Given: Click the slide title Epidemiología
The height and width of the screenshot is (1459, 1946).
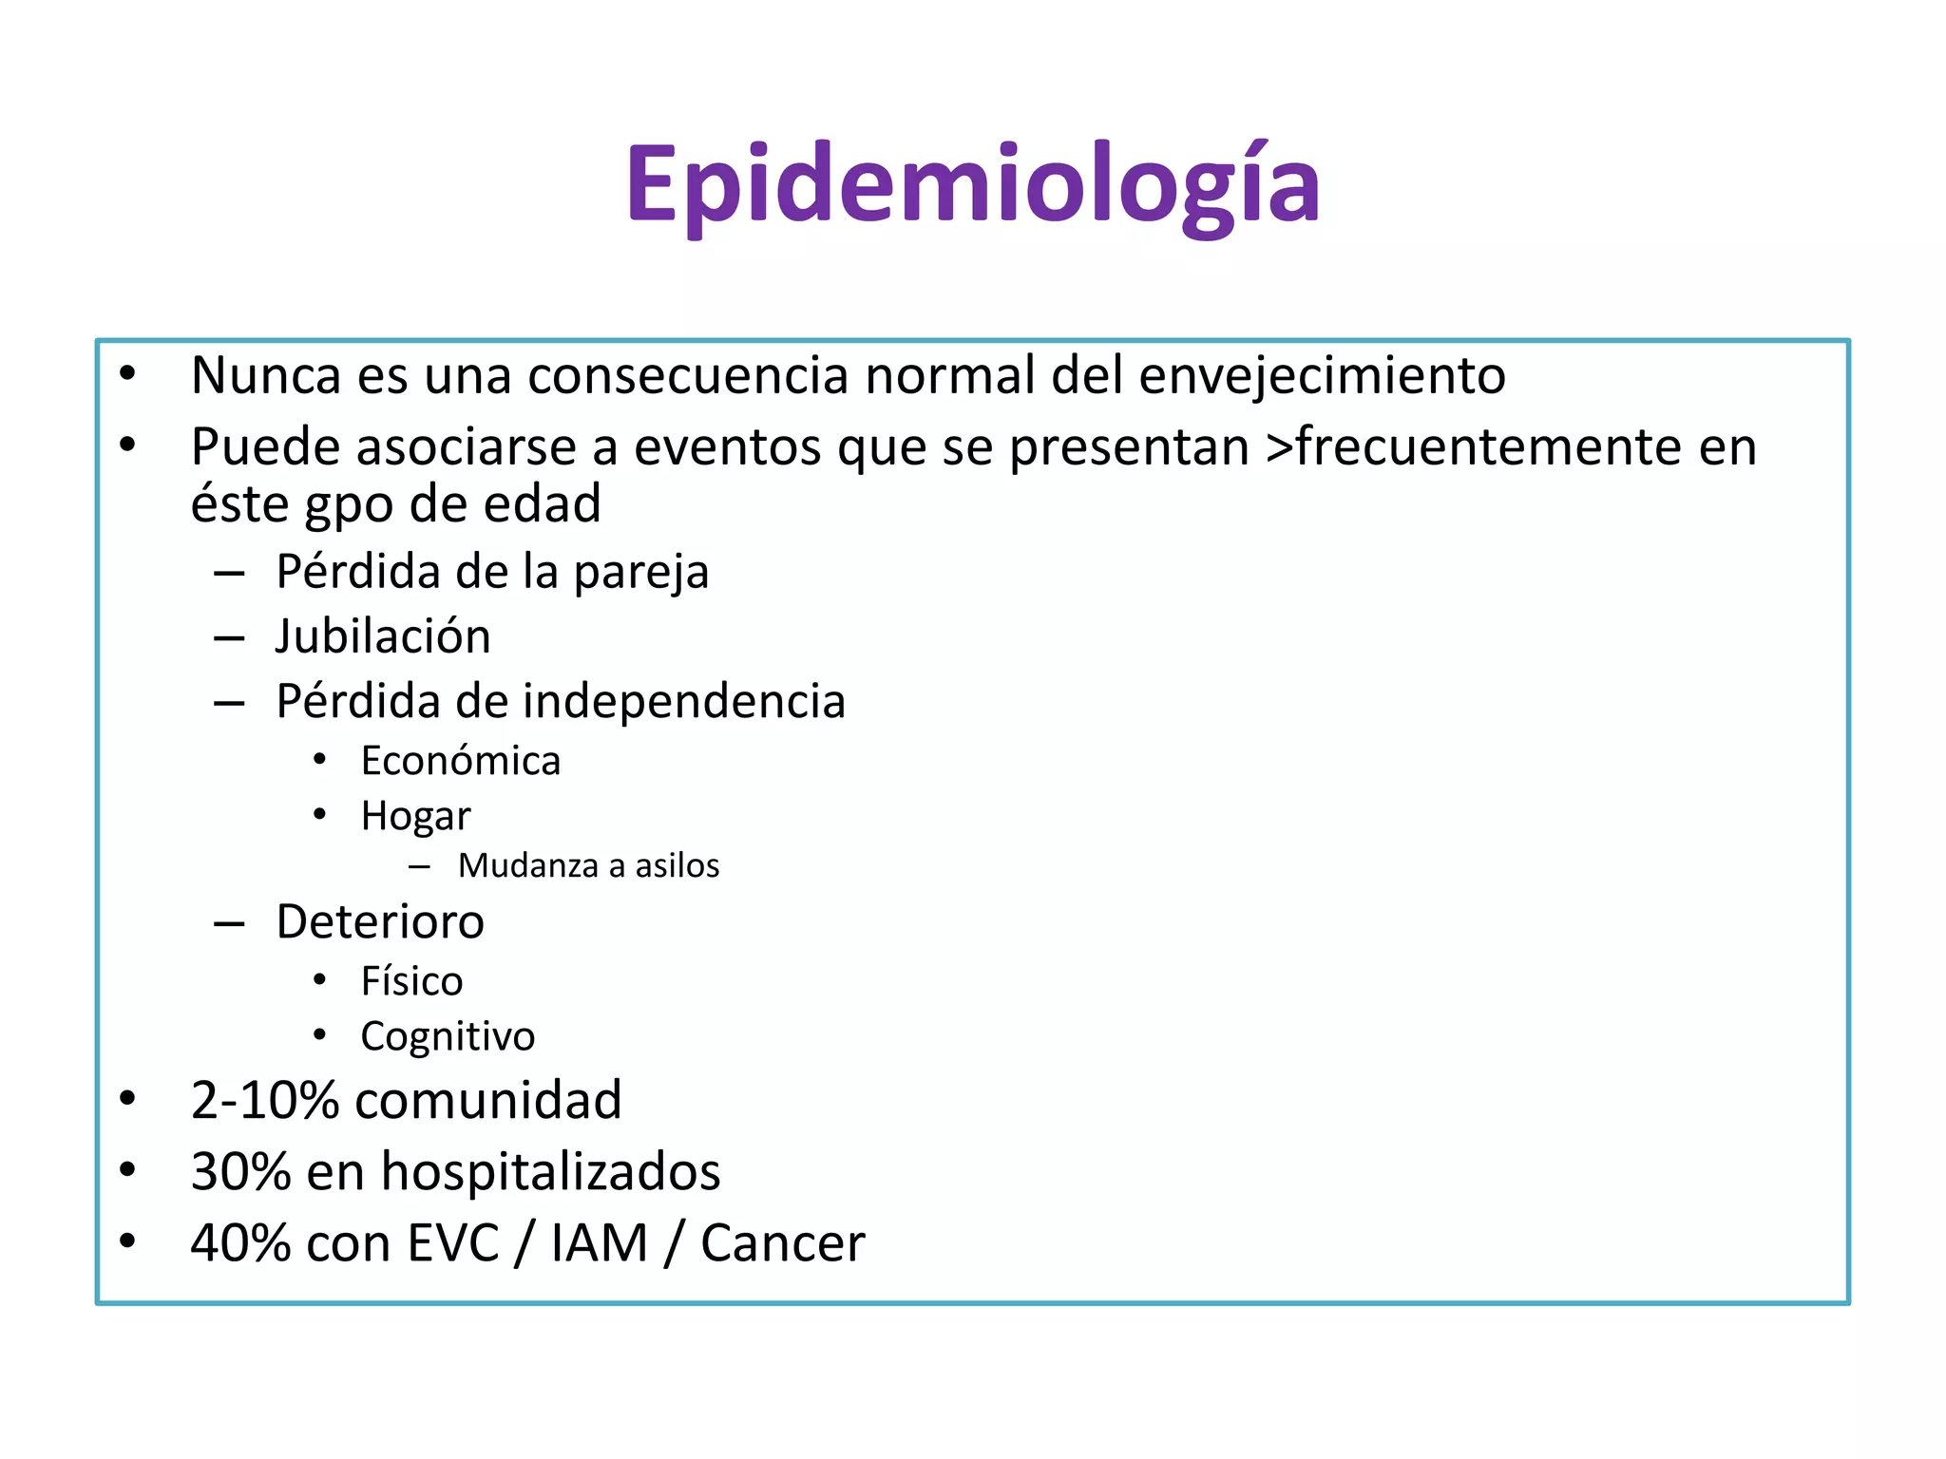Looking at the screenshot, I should [x=972, y=185].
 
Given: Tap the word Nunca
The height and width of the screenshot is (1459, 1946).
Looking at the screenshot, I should [x=265, y=375].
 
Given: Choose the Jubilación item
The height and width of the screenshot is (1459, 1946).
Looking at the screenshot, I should [x=383, y=636].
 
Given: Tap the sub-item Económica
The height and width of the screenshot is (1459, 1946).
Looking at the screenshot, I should [x=461, y=761].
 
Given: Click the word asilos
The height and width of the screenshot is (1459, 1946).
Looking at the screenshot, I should [x=677, y=866].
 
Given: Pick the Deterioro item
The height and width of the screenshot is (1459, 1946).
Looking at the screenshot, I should [x=380, y=922].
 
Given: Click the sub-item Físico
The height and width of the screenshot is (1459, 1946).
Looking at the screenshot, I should [x=411, y=981].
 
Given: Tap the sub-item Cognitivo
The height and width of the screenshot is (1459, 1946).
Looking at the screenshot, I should [x=448, y=1036].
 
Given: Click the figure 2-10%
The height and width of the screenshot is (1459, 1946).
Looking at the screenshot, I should [x=265, y=1101].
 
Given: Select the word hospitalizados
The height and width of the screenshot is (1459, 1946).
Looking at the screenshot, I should [x=550, y=1172].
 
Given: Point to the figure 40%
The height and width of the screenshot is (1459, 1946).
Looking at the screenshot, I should [x=240, y=1243].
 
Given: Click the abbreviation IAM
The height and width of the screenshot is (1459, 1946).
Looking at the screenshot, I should [x=599, y=1243].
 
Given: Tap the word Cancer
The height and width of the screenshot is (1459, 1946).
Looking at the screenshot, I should [x=782, y=1243].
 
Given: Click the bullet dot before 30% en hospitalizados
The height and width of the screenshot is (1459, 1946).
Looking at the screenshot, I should [x=128, y=1170].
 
